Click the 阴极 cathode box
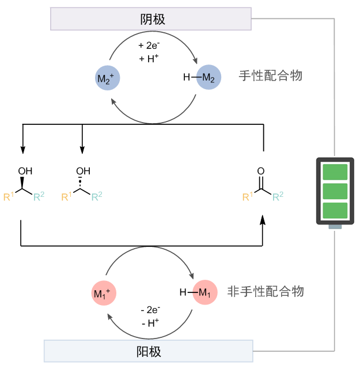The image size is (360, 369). click(x=151, y=18)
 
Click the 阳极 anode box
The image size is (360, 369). click(x=149, y=351)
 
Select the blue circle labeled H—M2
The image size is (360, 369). click(x=209, y=79)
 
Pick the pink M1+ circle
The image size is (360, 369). click(x=105, y=294)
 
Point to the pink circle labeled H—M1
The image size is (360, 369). click(x=204, y=293)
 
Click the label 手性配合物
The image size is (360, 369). click(x=270, y=76)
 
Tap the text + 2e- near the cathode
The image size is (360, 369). click(x=150, y=45)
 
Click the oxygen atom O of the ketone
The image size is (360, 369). click(x=261, y=172)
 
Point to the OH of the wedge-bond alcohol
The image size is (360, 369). click(x=25, y=172)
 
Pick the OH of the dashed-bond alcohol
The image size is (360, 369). click(x=84, y=172)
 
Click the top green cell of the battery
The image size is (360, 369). click(x=335, y=172)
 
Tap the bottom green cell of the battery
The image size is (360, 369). click(x=335, y=210)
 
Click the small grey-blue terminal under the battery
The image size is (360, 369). click(x=335, y=226)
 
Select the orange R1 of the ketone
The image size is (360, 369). click(x=247, y=197)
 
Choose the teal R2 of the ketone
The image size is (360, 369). click(x=278, y=197)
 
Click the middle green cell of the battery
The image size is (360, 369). click(x=335, y=191)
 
